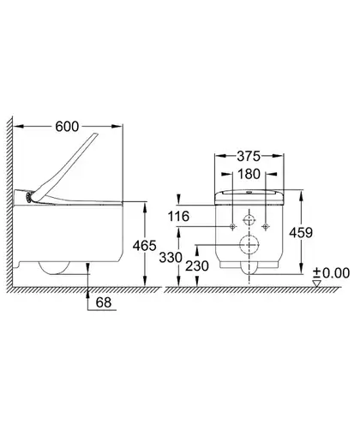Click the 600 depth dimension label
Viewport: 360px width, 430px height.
click(x=67, y=127)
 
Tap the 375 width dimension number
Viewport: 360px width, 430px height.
click(x=249, y=156)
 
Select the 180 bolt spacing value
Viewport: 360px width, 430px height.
click(x=249, y=174)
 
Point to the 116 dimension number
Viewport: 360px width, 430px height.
click(x=178, y=216)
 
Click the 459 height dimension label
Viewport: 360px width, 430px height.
click(x=301, y=233)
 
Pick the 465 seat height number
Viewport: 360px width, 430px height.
click(x=145, y=246)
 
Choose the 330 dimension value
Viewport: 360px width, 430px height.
click(x=171, y=258)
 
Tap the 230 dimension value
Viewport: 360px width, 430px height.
click(x=197, y=266)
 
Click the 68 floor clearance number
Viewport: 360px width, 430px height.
click(x=104, y=302)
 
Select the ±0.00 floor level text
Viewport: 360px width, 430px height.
click(x=331, y=273)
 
